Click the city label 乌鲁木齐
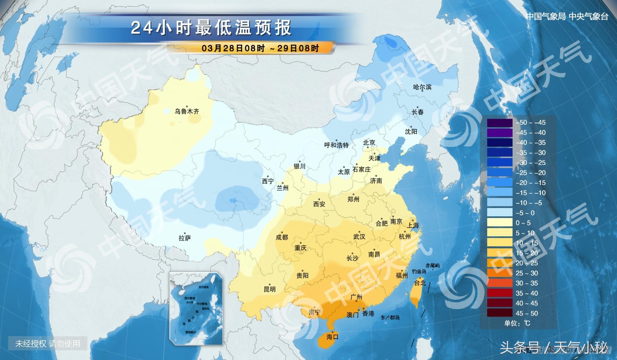187,111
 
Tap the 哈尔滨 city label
422,87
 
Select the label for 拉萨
185,238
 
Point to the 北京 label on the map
369,143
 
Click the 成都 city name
282,237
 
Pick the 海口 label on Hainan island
332,337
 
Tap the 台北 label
420,283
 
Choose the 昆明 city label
269,289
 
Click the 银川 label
299,166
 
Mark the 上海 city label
413,225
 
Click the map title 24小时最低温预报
211,28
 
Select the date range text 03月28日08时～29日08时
260,48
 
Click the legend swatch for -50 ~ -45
500,123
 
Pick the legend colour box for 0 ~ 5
500,223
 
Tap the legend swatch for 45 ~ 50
500,313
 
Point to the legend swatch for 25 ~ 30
500,273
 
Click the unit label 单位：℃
517,323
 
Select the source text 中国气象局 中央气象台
567,17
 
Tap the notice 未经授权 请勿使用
47,343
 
